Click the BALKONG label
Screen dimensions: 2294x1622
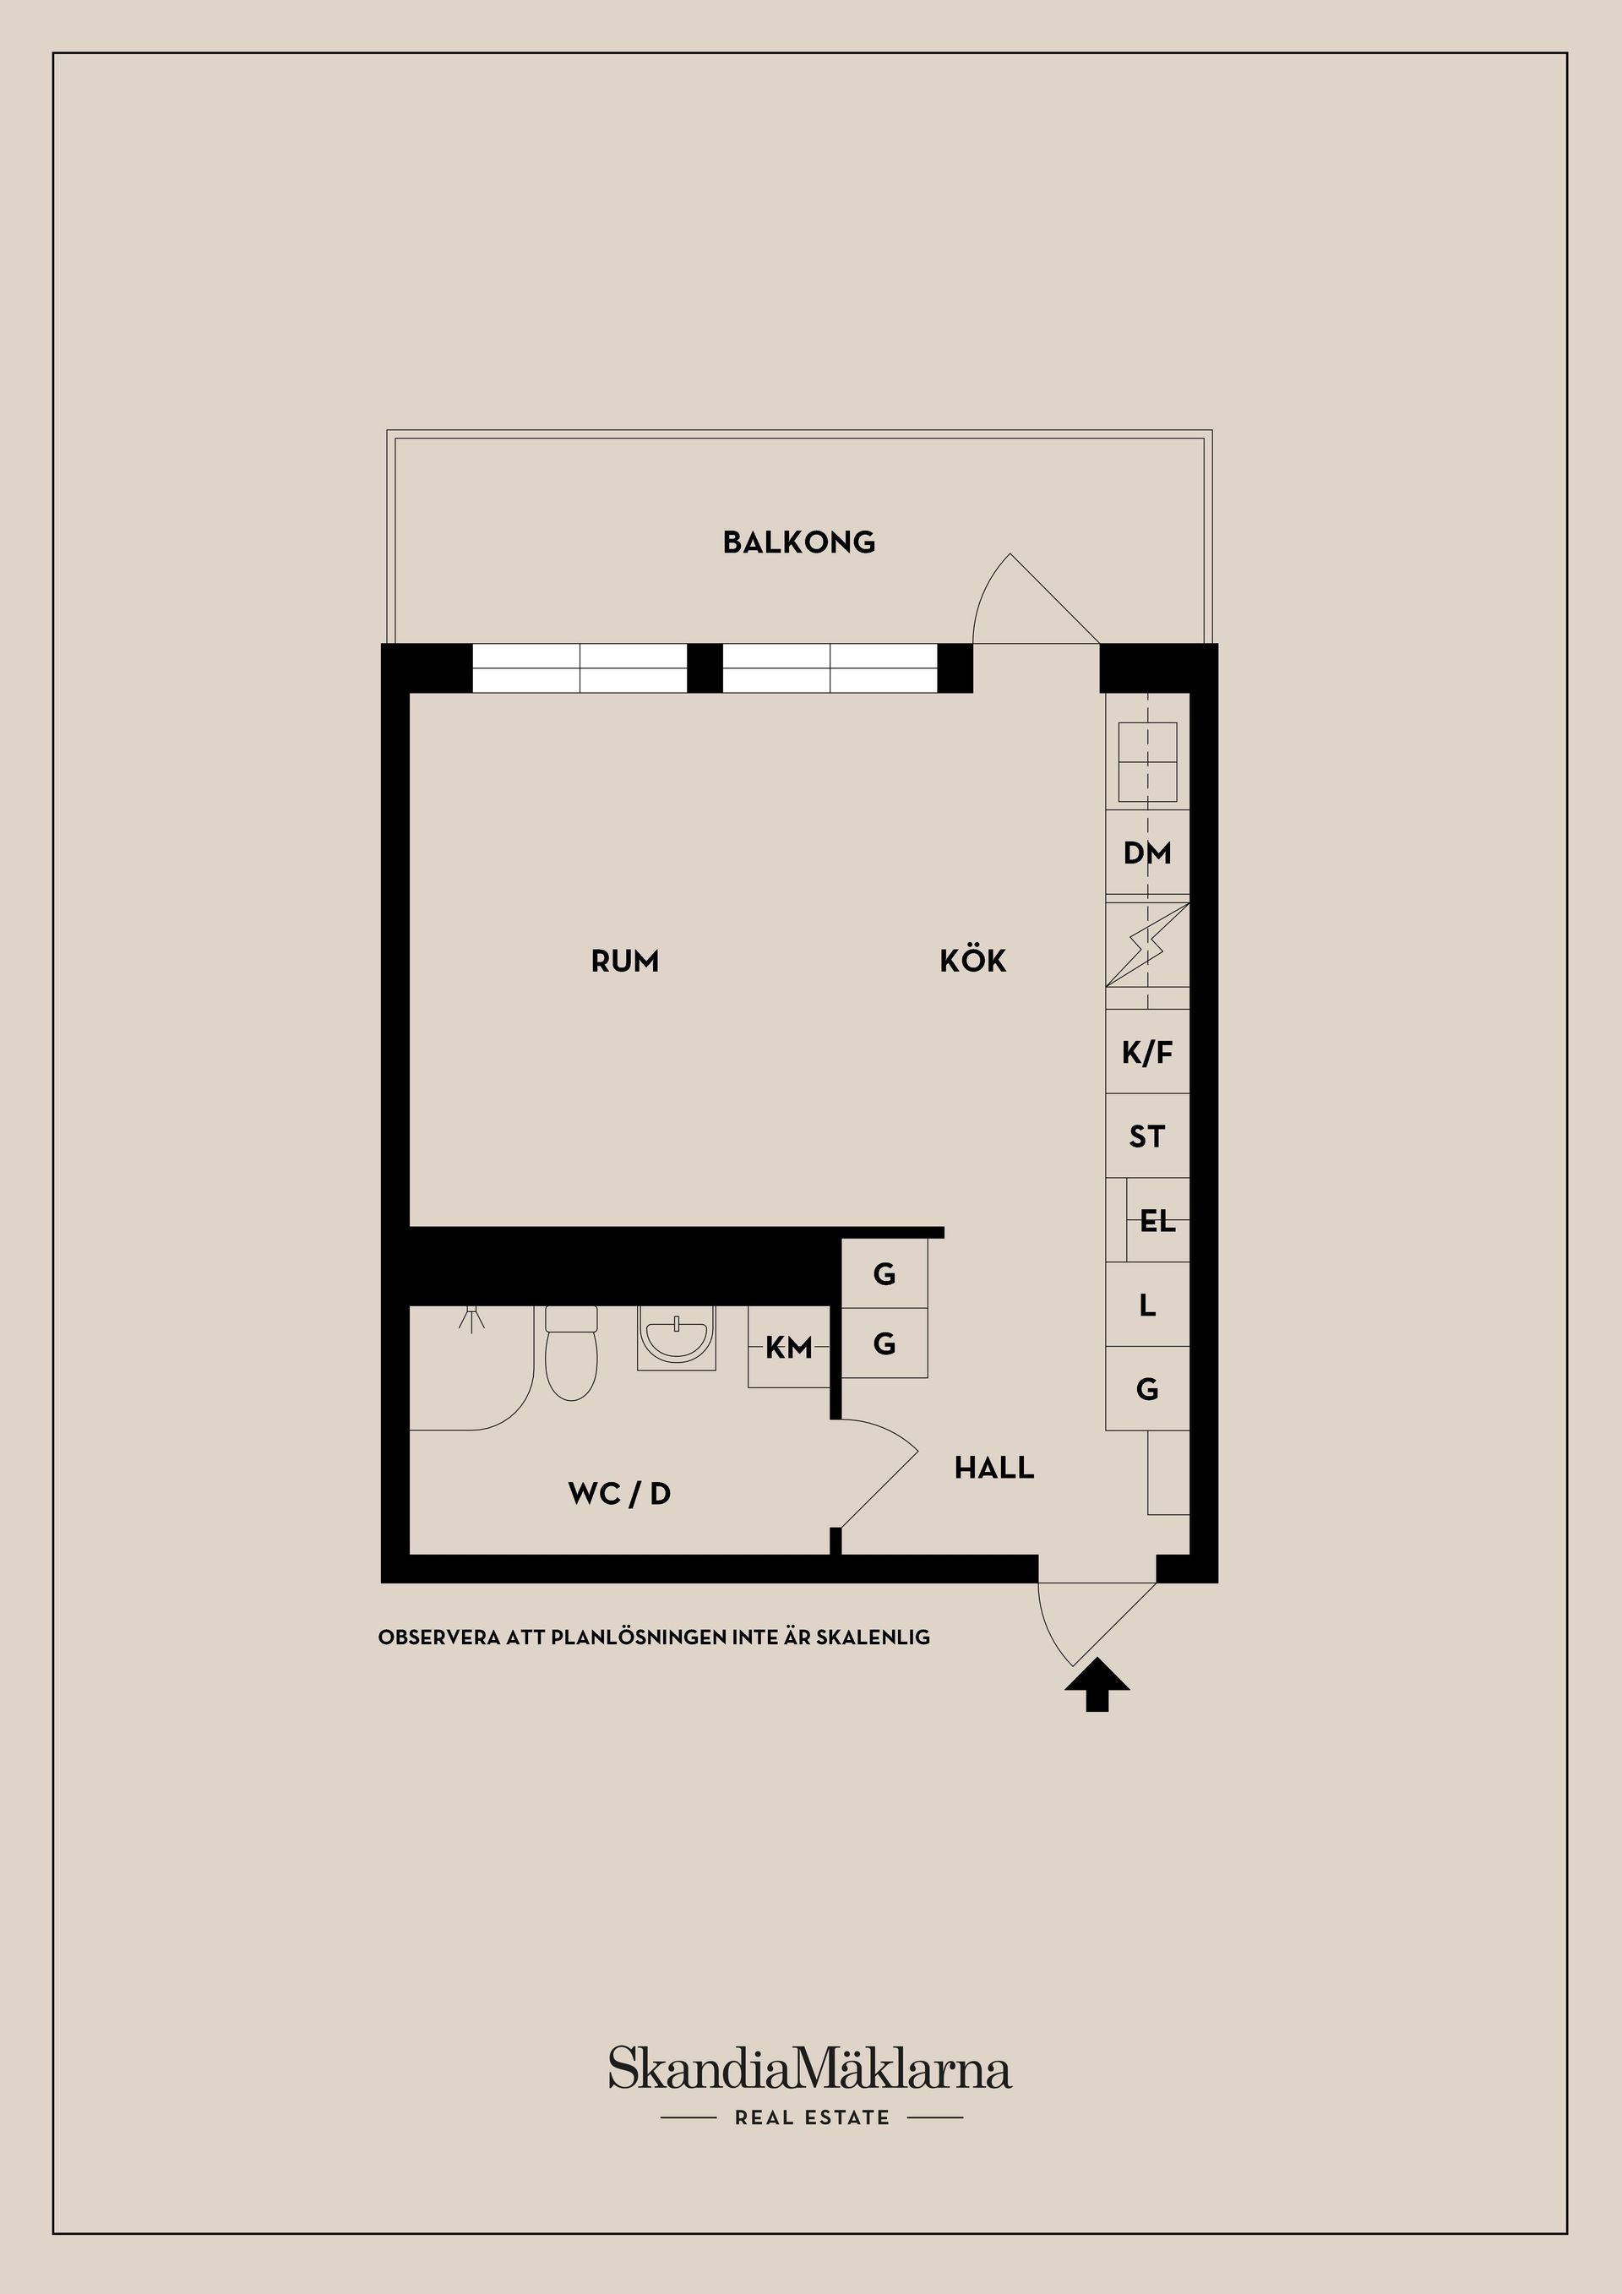coord(799,542)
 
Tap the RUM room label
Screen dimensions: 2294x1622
coord(625,962)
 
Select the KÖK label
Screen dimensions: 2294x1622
coord(973,962)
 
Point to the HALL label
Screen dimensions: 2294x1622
coord(993,1468)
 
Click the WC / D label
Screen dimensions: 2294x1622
coord(619,1494)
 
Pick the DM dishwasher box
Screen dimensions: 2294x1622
coord(1146,853)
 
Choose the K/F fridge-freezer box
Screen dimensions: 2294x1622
coord(1146,1052)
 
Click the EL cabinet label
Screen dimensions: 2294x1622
coord(1157,1221)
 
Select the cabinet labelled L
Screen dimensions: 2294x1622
coord(1146,1305)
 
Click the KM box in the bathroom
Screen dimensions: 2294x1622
coord(789,1348)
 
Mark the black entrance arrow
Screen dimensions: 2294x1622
coord(1097,1687)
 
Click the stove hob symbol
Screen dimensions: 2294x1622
coord(1146,762)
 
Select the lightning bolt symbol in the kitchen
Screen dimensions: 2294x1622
coord(1146,944)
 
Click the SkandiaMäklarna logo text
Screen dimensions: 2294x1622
coord(810,2068)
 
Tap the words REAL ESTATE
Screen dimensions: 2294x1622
coord(811,2117)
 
